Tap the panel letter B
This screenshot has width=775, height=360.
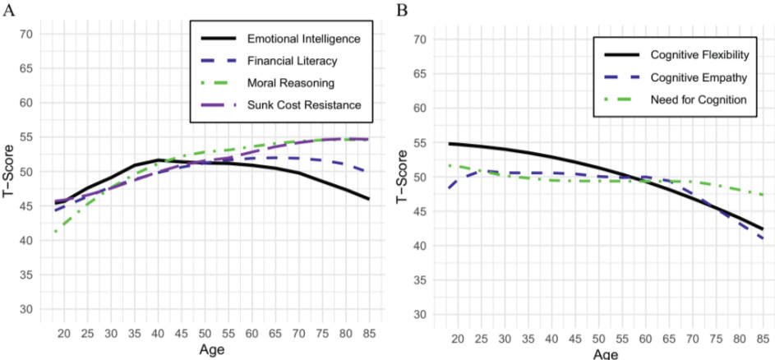(402, 10)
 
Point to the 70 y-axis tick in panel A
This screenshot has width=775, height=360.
(26, 34)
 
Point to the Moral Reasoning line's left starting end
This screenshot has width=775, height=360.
(55, 232)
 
